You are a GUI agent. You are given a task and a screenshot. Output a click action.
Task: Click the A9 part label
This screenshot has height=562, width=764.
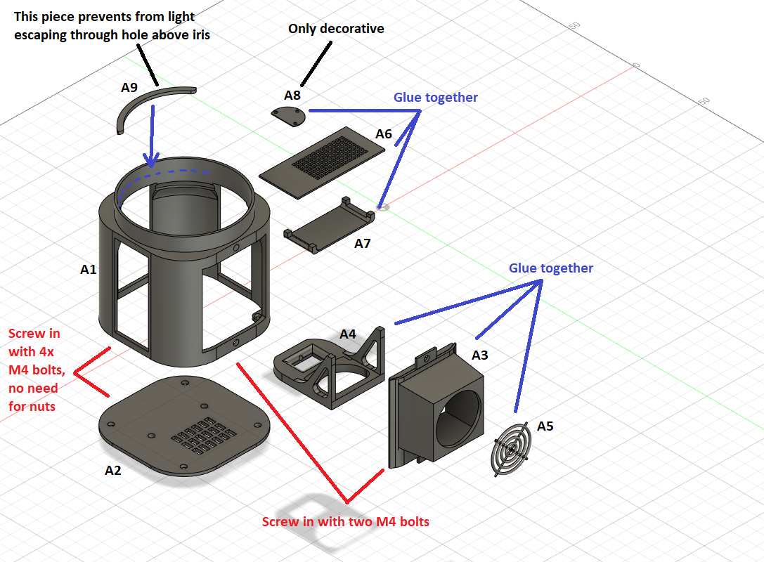click(x=129, y=88)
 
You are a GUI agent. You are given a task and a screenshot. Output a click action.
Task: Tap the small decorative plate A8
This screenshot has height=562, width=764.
click(x=289, y=117)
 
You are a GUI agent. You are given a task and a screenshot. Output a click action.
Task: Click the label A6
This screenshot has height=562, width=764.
click(x=384, y=133)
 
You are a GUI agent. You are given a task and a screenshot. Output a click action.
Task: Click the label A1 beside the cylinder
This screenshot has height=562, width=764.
click(x=89, y=269)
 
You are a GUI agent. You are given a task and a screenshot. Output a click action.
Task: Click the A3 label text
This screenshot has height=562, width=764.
click(x=479, y=355)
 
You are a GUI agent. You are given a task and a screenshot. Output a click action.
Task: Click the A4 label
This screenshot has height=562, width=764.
click(x=348, y=334)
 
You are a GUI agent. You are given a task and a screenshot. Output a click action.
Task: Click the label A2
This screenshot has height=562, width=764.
click(x=113, y=470)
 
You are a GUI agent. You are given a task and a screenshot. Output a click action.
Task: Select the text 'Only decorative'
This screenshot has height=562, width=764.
click(x=336, y=29)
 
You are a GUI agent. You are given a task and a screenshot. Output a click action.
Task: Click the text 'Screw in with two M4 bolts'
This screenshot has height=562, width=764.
click(x=345, y=522)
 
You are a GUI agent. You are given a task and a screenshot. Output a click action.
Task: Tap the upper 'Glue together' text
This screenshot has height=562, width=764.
click(x=436, y=98)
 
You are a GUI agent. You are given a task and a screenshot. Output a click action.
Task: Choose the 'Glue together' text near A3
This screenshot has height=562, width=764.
click(x=551, y=268)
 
